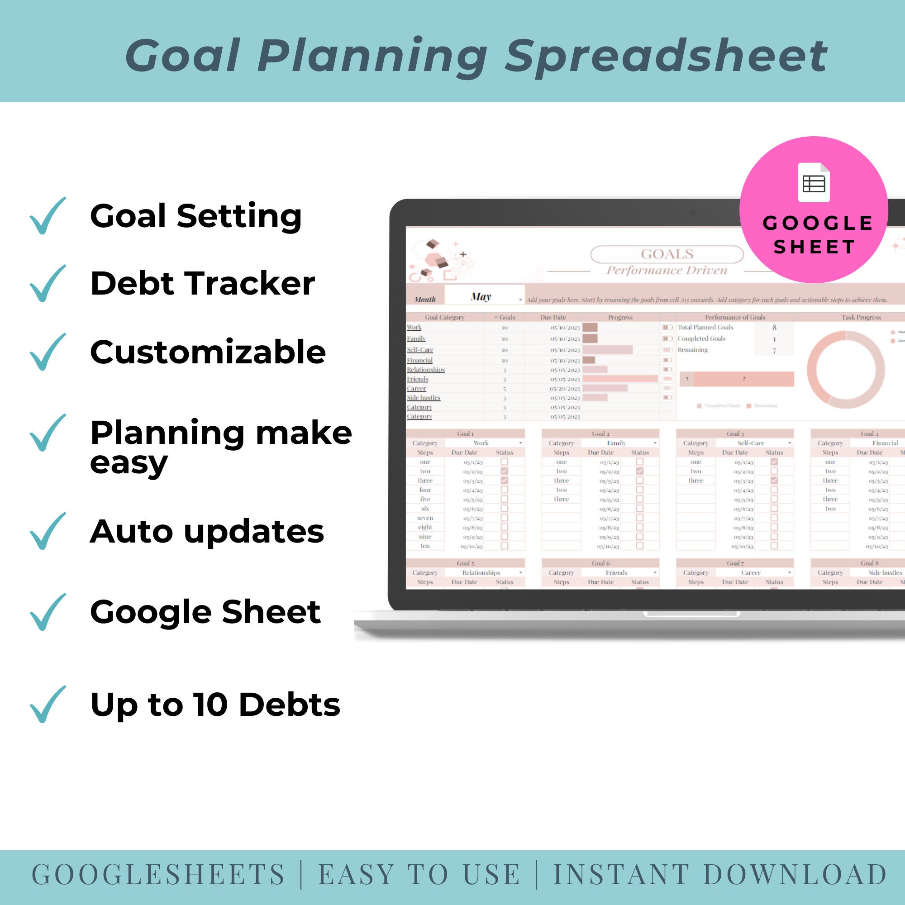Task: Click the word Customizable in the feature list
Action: tap(208, 352)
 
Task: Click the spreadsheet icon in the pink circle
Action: tap(814, 183)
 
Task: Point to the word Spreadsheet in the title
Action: tap(666, 56)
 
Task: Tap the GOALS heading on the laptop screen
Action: tap(667, 254)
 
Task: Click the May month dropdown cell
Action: tap(482, 297)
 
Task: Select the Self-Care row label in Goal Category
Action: tap(420, 349)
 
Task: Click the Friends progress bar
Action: tap(620, 378)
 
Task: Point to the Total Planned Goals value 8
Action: tap(774, 328)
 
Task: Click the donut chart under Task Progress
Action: tap(846, 369)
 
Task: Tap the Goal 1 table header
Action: tap(465, 434)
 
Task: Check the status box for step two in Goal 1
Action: tap(505, 471)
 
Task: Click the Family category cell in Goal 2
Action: tap(616, 443)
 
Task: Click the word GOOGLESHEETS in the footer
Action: tap(158, 875)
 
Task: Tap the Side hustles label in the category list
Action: tap(424, 398)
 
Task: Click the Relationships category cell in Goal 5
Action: tap(481, 572)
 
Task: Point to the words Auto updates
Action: tap(207, 532)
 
